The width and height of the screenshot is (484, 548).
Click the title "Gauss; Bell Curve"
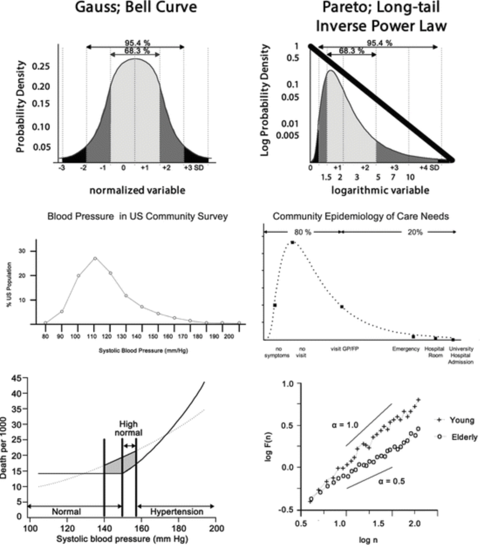[x=136, y=7]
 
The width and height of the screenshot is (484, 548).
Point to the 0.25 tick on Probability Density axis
[x=41, y=67]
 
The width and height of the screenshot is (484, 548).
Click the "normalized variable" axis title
[x=137, y=190]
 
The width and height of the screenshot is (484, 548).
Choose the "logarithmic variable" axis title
[x=380, y=190]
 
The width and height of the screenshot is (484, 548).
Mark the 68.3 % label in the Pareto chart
[x=351, y=51]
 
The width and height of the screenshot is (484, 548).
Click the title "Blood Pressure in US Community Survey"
[x=137, y=216]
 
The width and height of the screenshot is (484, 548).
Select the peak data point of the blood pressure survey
[x=95, y=258]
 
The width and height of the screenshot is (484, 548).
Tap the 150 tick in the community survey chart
[x=153, y=337]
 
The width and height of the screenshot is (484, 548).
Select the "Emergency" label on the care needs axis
[x=406, y=349]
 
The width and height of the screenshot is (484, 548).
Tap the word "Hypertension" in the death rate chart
[x=177, y=512]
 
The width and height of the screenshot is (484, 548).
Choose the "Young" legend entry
[x=461, y=420]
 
